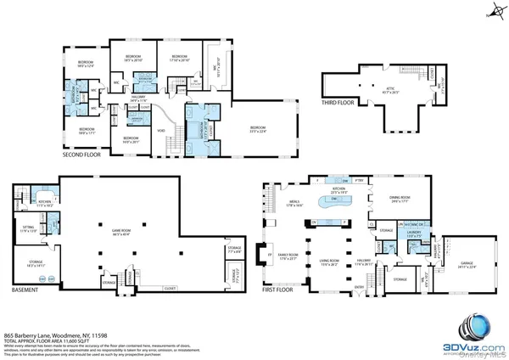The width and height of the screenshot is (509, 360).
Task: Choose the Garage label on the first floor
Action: click(x=464, y=264)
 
